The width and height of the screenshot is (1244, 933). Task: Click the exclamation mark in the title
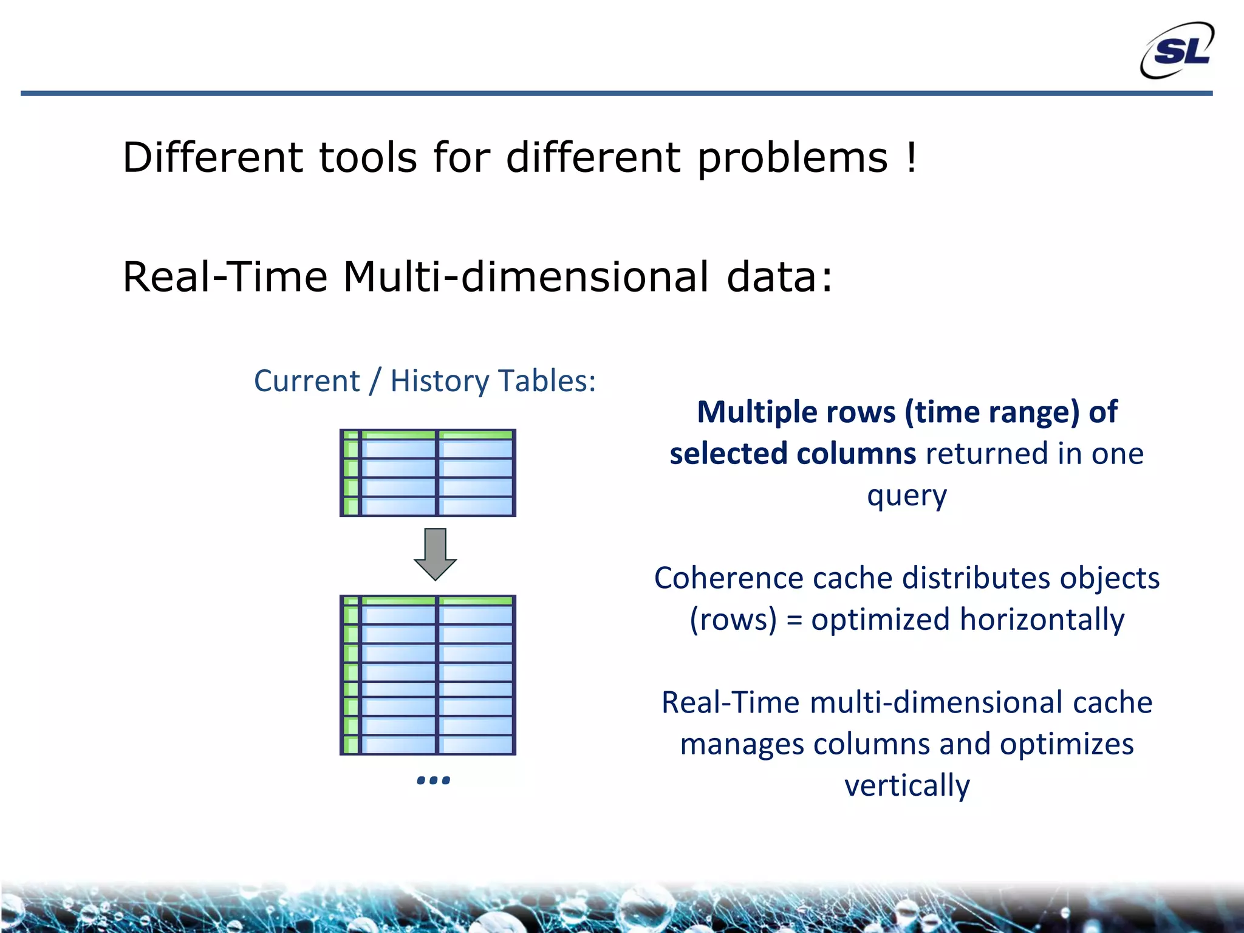click(x=911, y=157)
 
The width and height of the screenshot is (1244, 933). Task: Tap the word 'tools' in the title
click(x=368, y=157)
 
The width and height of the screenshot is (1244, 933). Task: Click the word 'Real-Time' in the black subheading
click(x=225, y=277)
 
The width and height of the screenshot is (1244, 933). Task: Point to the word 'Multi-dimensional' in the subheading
click(x=525, y=277)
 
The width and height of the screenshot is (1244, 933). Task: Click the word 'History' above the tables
click(x=439, y=381)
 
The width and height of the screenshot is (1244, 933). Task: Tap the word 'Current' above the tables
click(x=307, y=381)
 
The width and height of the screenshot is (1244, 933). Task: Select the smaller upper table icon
click(x=428, y=473)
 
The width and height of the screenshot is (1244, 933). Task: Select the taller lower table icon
click(x=428, y=675)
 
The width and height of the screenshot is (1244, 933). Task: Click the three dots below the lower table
click(x=433, y=780)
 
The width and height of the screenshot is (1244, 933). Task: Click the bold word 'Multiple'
click(x=796, y=412)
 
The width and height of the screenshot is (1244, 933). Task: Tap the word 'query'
click(x=906, y=496)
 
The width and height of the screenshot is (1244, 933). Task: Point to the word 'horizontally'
click(x=1042, y=620)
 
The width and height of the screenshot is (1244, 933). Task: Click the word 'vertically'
click(x=907, y=785)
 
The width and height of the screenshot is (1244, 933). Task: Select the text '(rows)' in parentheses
click(x=733, y=620)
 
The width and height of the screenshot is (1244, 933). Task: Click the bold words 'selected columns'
click(x=792, y=454)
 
